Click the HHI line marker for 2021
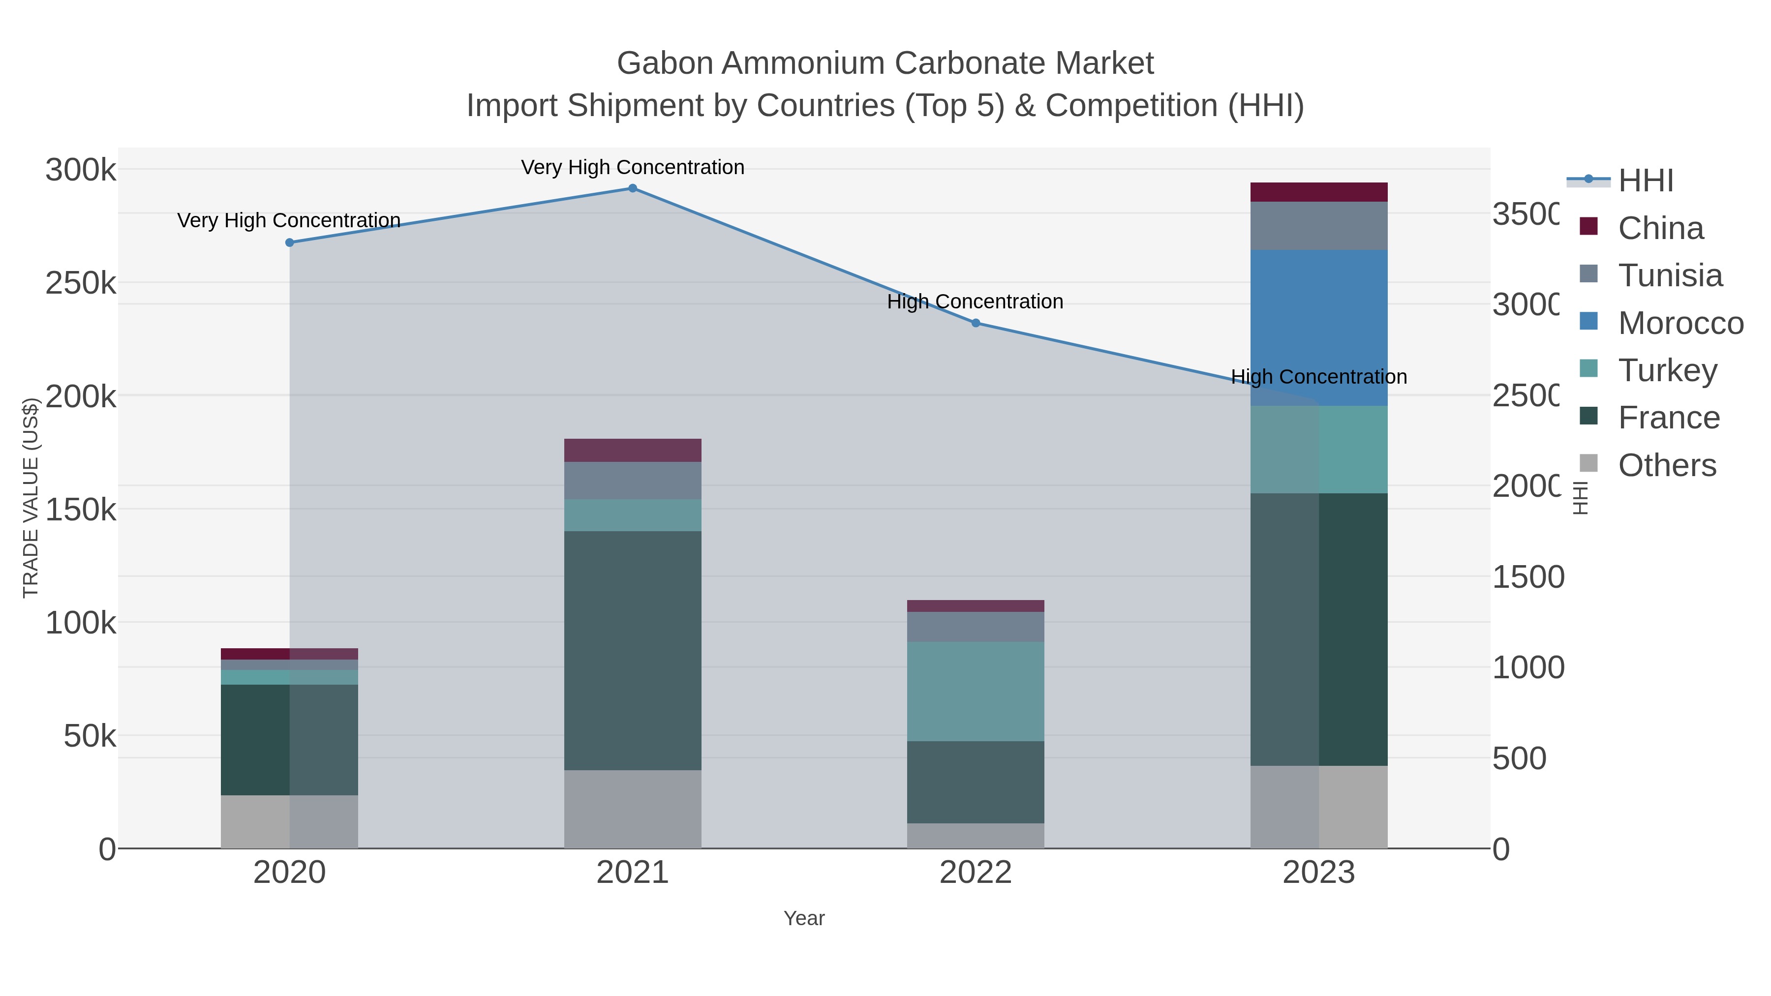point(633,188)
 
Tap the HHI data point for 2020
point(289,242)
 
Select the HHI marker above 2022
point(976,323)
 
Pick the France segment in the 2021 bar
point(633,650)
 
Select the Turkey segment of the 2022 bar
point(976,691)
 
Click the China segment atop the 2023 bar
point(1318,192)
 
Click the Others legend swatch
point(1589,464)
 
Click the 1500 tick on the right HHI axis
point(1527,577)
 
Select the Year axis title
point(804,918)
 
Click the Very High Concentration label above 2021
point(633,167)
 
